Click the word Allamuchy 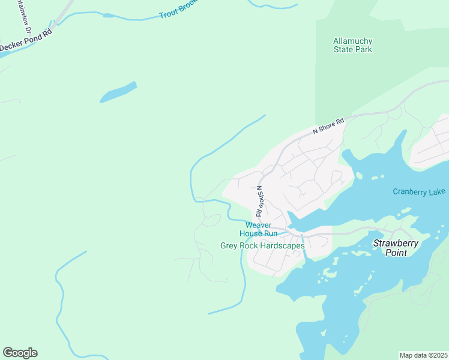tap(352, 41)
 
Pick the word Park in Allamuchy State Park tap(363, 49)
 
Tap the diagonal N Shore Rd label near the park tap(328, 126)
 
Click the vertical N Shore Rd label tap(259, 201)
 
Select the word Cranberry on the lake tap(411, 191)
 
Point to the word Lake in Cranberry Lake tap(438, 191)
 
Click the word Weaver tap(259, 225)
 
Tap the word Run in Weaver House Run tap(271, 233)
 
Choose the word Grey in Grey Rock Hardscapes tap(229, 245)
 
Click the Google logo tap(20, 353)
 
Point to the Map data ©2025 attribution tap(423, 355)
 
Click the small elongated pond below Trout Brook tap(118, 92)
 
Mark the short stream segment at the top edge tap(273, 6)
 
